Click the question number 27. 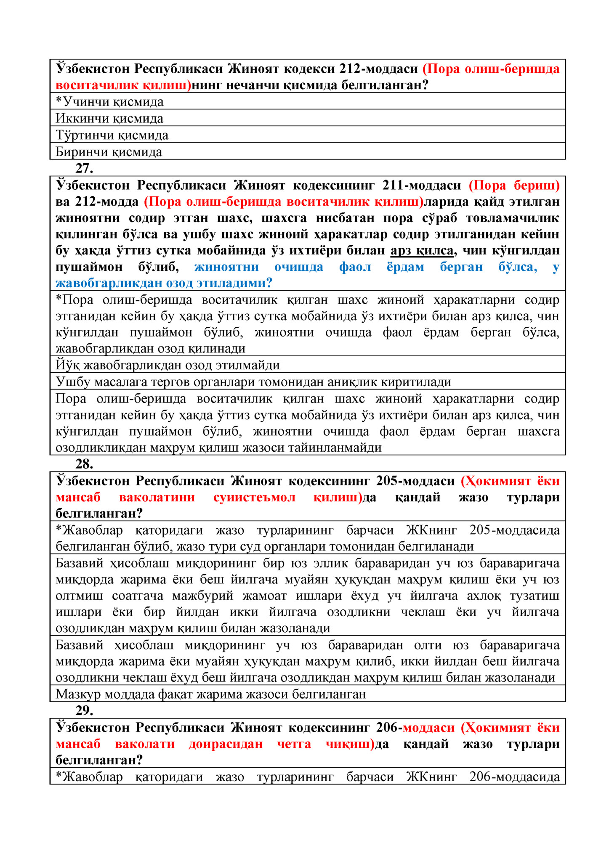84,168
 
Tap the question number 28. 84,464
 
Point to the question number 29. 84,710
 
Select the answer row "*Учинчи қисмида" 109,102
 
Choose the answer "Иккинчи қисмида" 109,119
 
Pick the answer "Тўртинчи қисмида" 112,135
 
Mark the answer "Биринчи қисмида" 109,152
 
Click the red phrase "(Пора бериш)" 514,185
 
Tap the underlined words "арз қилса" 422,251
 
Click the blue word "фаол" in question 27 355,267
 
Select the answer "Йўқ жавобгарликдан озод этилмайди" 168,365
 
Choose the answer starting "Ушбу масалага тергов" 253,382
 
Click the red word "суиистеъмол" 254,497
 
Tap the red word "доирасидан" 226,744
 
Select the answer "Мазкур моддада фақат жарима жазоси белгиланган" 210,694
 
